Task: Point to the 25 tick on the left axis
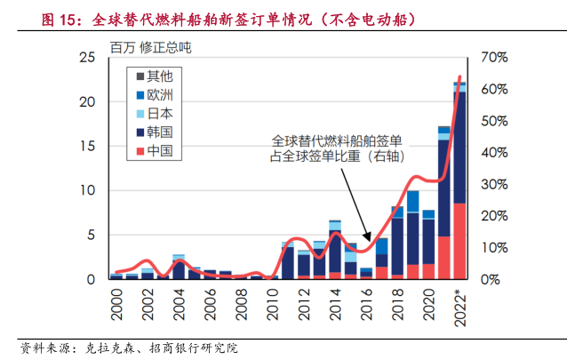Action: coord(88,58)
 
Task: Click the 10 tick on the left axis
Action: coord(88,190)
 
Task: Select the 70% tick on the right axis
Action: coord(493,58)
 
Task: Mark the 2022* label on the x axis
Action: coord(459,308)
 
